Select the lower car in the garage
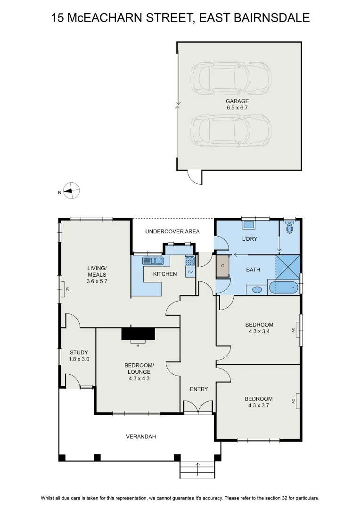pyautogui.click(x=231, y=131)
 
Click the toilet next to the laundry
pyautogui.click(x=290, y=227)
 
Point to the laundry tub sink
pyautogui.click(x=249, y=224)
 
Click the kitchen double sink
pyautogui.click(x=153, y=261)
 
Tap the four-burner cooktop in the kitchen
pyautogui.click(x=190, y=261)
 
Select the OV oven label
pyautogui.click(x=190, y=272)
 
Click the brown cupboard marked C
pyautogui.click(x=223, y=266)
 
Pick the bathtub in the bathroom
pyautogui.click(x=283, y=287)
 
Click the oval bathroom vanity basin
pyautogui.click(x=257, y=290)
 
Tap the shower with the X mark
pyautogui.click(x=287, y=267)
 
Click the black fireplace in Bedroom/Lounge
pyautogui.click(x=138, y=333)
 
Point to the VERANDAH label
pyautogui.click(x=141, y=436)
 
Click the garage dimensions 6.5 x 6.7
pyautogui.click(x=237, y=107)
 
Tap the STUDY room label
pyautogui.click(x=79, y=352)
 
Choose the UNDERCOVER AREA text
pyautogui.click(x=172, y=231)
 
